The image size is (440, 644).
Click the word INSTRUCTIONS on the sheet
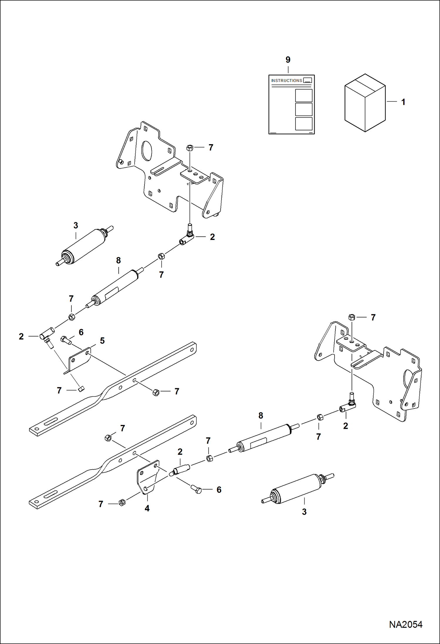(286, 80)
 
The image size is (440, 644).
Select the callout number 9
(288, 60)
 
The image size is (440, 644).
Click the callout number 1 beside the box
(403, 102)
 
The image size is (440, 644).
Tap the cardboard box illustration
(365, 103)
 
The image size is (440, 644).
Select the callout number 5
(102, 341)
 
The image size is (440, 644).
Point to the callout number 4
(147, 508)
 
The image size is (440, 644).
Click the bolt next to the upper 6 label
(66, 340)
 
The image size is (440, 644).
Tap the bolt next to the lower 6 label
(196, 490)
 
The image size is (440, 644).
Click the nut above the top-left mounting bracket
(190, 147)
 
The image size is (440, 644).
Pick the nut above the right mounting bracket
(352, 317)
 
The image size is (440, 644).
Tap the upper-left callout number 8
(118, 260)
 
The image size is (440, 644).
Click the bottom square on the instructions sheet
(303, 124)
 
